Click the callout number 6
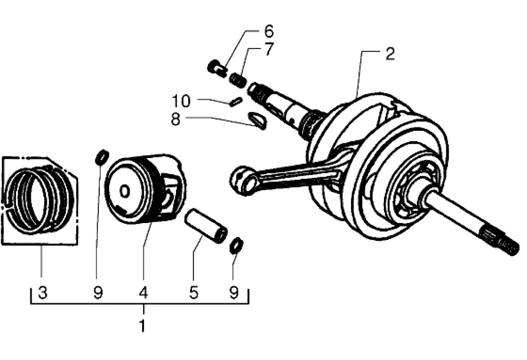point(269,31)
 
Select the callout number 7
point(269,49)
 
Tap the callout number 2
point(390,54)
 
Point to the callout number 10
point(181,101)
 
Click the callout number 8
point(175,119)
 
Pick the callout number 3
point(42,293)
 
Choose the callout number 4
point(144,293)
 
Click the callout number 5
point(194,293)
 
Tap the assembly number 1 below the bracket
point(143,325)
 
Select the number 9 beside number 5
point(234,293)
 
